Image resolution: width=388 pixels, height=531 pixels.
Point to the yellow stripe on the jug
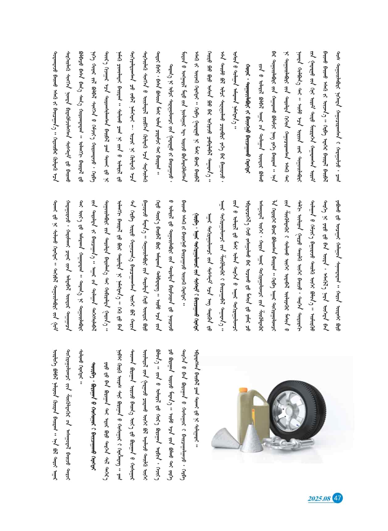click(252, 415)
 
